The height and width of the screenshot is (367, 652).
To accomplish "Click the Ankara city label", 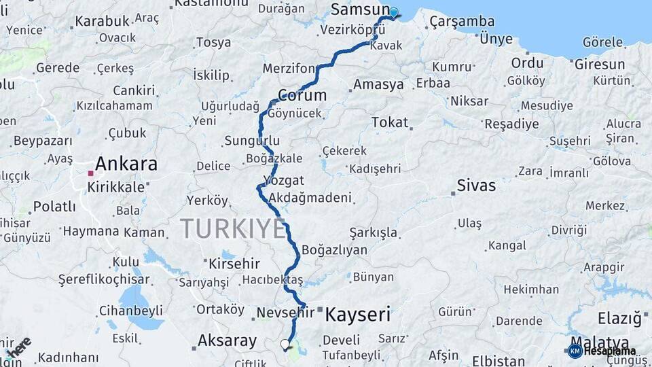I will coord(126,164).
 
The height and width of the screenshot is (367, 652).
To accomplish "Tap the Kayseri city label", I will coord(358,314).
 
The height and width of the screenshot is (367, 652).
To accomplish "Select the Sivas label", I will coord(476,185).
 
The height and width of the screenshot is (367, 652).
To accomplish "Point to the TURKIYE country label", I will coord(233,229).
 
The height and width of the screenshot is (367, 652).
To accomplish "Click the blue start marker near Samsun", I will coord(393,12).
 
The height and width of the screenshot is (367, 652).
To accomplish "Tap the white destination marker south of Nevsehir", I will coord(285,345).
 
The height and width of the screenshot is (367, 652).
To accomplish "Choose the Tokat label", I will coord(390,122).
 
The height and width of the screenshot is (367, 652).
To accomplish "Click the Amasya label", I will coord(378,85).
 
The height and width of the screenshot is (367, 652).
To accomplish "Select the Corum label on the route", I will coord(302,95).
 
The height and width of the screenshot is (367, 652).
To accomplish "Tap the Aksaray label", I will coord(227,340).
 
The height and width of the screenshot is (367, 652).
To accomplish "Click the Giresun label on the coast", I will coord(600,65).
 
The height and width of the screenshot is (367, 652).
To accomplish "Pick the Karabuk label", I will coord(102,21).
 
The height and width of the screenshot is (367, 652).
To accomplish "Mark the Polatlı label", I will coord(54,207).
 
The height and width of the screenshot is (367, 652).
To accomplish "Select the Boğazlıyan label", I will coord(334,249).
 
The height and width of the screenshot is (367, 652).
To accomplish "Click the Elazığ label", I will coord(619,318).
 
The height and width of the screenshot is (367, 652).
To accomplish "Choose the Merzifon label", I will coord(289,69).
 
